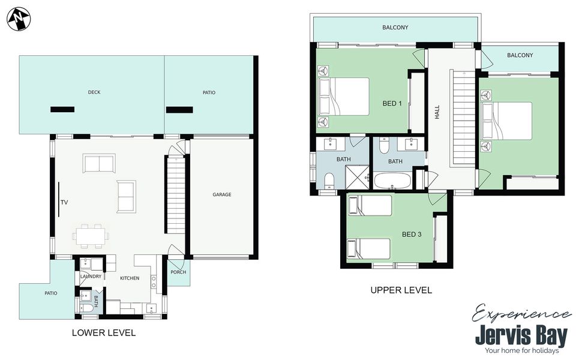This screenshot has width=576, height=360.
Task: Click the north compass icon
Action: [x=19, y=19]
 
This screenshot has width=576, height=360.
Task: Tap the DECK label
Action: [x=94, y=92]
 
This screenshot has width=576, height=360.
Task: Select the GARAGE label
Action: [x=222, y=194]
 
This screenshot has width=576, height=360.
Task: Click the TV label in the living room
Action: [x=64, y=202]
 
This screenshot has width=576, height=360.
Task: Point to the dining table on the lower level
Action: [x=91, y=236]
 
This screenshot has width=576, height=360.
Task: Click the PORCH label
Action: [x=178, y=272]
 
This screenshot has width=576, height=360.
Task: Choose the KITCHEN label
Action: [x=130, y=278]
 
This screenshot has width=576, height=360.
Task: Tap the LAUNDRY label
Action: [x=91, y=276]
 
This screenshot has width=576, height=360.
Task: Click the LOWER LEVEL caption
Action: [x=104, y=333]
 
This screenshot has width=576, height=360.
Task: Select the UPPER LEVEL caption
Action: [x=401, y=290]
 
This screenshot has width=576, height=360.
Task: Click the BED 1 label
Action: [x=392, y=104]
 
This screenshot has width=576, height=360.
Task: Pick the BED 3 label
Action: [x=412, y=235]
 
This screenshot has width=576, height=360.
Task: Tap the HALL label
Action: [x=437, y=112]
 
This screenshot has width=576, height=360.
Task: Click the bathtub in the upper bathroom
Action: [x=392, y=181]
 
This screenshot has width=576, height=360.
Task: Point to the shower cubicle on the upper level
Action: [x=357, y=177]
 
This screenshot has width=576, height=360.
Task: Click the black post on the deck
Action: [x=62, y=109]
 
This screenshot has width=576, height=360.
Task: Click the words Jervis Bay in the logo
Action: [x=521, y=335]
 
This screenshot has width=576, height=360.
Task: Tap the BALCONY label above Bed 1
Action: [x=395, y=28]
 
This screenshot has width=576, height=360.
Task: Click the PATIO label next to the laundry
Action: [x=50, y=293]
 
